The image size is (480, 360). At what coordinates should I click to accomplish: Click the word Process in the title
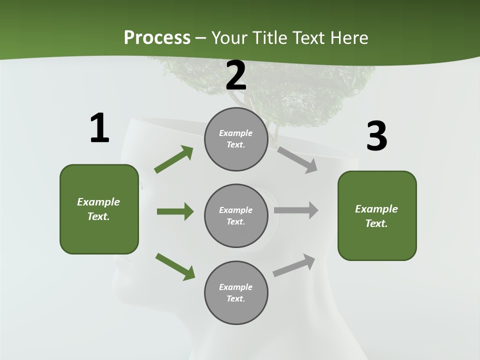click(x=157, y=37)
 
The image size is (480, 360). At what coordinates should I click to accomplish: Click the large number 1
click(x=99, y=128)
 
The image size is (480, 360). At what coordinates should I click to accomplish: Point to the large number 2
click(x=236, y=75)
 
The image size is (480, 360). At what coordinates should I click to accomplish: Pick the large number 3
click(x=377, y=136)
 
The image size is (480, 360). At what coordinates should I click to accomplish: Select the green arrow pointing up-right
click(x=174, y=159)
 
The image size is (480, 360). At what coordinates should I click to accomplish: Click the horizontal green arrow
click(x=175, y=211)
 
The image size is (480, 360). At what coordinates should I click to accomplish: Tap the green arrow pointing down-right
click(x=175, y=266)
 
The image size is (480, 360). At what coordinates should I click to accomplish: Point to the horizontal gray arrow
click(x=296, y=210)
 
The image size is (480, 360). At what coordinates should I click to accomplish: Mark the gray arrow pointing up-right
click(x=294, y=265)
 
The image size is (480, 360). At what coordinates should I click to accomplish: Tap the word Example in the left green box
click(x=98, y=202)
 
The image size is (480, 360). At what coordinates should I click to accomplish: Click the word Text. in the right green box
click(x=376, y=223)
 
